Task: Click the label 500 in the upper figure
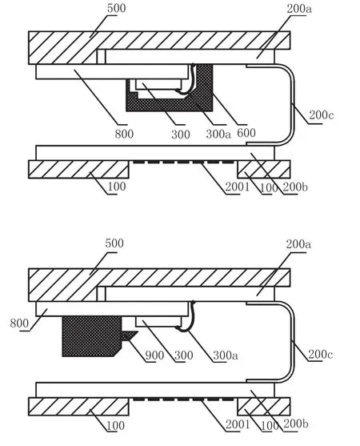(x=116, y=8)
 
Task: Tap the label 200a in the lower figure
(x=298, y=244)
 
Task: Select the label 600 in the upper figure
(x=246, y=133)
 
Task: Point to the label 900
(x=154, y=356)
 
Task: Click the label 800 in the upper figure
(x=124, y=134)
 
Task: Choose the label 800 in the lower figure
(x=19, y=323)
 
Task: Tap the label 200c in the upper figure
(x=322, y=115)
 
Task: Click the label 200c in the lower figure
(x=321, y=355)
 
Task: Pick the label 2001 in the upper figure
(x=238, y=187)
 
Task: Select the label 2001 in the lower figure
(x=238, y=424)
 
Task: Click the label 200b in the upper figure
(x=295, y=187)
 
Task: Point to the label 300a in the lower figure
(x=226, y=356)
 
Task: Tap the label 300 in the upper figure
(x=181, y=135)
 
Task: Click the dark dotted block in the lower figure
(x=91, y=336)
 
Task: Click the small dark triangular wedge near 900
(x=129, y=335)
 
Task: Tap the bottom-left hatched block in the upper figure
(x=78, y=170)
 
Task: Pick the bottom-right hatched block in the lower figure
(x=264, y=407)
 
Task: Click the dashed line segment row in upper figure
(x=183, y=163)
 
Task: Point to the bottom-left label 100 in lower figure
(x=115, y=425)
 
